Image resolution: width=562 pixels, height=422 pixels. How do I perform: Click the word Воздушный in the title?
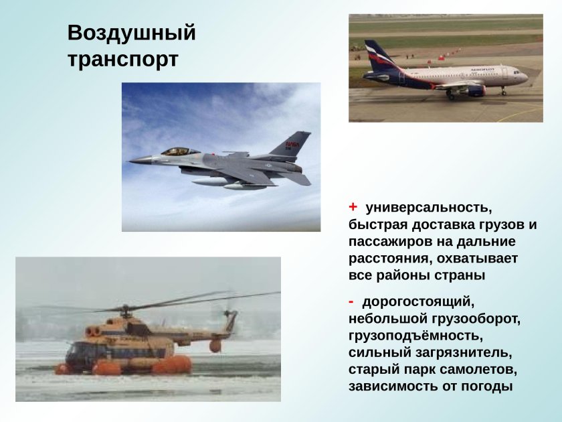pos(131,33)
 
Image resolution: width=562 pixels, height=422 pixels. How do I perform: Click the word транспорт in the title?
pos(122,59)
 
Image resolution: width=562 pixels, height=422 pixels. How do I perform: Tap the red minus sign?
pos(351,299)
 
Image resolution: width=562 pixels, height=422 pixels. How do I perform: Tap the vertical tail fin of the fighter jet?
pos(293,145)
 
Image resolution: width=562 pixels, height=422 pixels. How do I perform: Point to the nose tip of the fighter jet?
pos(130,160)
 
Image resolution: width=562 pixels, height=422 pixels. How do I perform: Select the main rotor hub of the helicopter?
pos(126,309)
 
